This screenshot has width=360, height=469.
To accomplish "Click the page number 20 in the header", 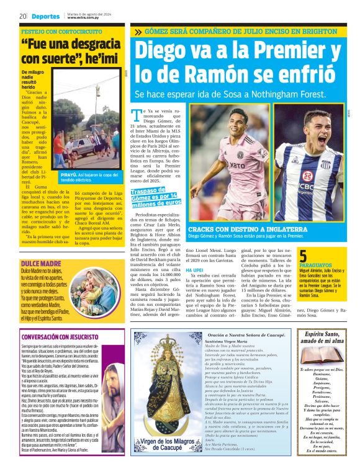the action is (22, 16).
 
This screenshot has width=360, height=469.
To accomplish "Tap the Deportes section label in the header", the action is (47, 16).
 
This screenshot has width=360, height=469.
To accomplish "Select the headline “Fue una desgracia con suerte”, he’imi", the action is (70, 52).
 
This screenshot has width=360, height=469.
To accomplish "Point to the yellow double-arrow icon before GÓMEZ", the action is (137, 31).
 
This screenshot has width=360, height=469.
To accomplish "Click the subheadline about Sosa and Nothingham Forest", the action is (238, 94).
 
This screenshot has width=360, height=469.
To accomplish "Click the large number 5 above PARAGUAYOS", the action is (303, 255).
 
